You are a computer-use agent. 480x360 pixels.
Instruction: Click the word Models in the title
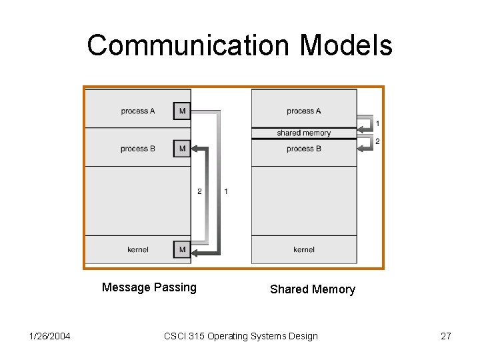[x=346, y=45]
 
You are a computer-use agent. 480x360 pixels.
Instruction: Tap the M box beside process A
[x=182, y=111]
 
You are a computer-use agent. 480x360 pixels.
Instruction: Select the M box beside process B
[x=182, y=149]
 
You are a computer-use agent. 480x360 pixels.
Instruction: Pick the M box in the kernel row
[x=182, y=249]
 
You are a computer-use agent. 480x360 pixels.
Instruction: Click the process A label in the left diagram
[x=138, y=111]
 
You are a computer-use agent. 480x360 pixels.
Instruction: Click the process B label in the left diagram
[x=138, y=149]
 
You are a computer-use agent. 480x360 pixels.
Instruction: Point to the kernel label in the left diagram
[x=138, y=249]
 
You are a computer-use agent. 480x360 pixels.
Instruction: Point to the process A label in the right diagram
[x=304, y=111]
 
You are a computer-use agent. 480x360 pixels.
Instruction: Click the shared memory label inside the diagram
[x=304, y=133]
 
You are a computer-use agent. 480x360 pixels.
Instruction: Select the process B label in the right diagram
[x=304, y=149]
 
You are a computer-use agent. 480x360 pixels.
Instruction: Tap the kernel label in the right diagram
[x=304, y=249]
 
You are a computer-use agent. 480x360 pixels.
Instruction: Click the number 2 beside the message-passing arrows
[x=199, y=191]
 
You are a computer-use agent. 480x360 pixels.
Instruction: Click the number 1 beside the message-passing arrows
[x=226, y=191]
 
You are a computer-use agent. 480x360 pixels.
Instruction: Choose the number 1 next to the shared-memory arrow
[x=378, y=123]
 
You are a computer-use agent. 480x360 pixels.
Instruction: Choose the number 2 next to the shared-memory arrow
[x=378, y=141]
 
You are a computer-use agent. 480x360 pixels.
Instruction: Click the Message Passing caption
[x=149, y=287]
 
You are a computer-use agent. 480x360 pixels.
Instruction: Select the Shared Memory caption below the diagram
[x=313, y=289]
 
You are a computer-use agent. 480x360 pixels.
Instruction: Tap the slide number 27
[x=446, y=336]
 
